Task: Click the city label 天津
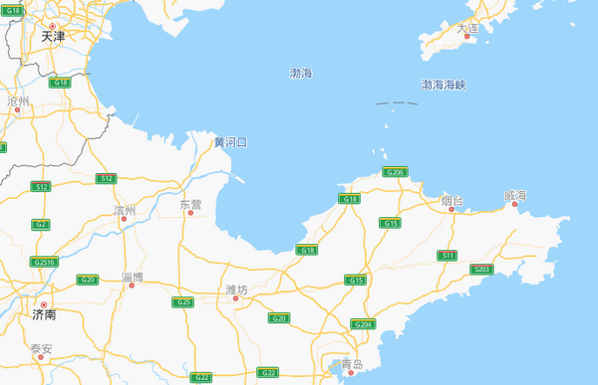pos(53,37)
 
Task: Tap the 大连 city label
pos(467,28)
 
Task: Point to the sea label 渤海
pos(300,74)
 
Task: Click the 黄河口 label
pos(230,142)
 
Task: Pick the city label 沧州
pos(18,101)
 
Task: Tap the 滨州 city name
pos(125,210)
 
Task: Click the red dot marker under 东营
pos(190,212)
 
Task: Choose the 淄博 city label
pos(132,277)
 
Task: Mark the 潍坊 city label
pos(236,289)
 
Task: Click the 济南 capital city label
pos(43,314)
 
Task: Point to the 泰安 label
pos(41,348)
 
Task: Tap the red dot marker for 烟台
pos(452,209)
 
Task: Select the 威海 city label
pos(514,196)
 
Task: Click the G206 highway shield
pos(396,172)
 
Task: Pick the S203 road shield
pos(482,269)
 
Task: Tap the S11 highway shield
pos(448,256)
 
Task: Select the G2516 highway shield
pos(44,262)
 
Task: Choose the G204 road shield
pos(362,324)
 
